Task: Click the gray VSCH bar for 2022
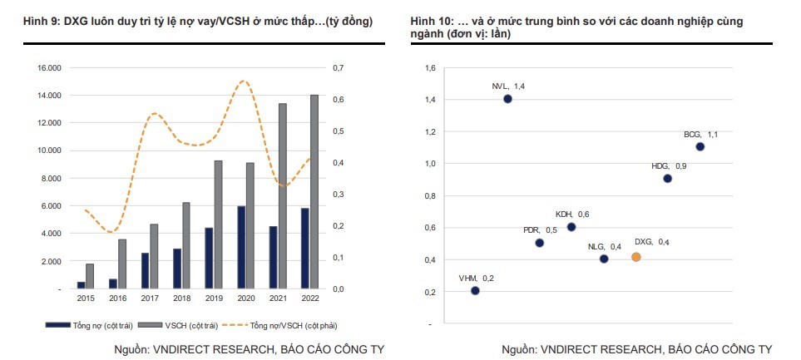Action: coord(314,191)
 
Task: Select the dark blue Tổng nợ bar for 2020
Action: coord(241,247)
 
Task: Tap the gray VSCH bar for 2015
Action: coord(90,276)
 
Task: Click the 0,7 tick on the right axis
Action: coord(337,67)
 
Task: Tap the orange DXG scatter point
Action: coord(636,258)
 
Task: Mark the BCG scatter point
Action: coord(700,147)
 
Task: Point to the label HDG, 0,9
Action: coord(669,166)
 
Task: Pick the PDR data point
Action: coord(540,243)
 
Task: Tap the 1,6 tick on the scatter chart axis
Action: coord(430,67)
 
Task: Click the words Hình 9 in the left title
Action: coord(43,20)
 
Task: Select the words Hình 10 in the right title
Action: coord(429,20)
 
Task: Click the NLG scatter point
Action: coord(604,259)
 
